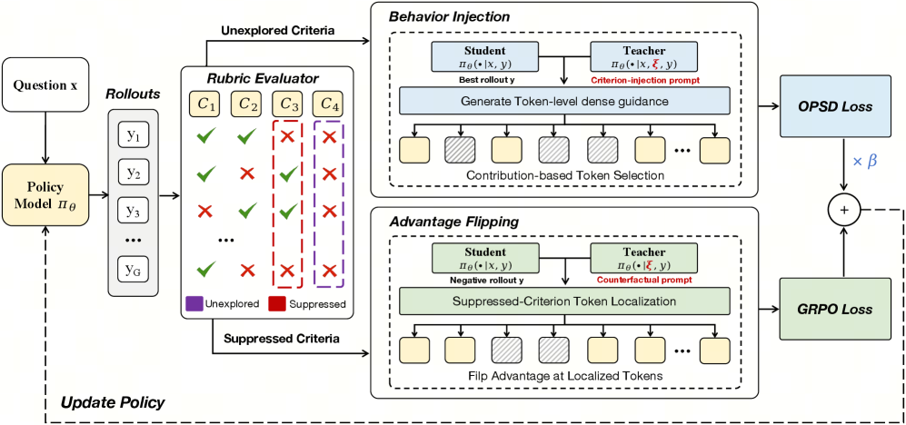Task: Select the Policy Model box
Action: point(45,195)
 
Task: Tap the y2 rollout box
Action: point(134,172)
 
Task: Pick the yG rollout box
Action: point(134,268)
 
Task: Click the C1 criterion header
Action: point(205,104)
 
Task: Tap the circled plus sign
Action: point(846,210)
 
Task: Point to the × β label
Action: point(864,161)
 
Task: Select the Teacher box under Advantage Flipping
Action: point(643,258)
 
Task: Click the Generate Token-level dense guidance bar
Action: point(564,101)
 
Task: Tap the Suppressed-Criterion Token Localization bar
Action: point(564,301)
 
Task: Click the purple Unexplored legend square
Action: point(194,303)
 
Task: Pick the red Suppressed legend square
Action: point(275,303)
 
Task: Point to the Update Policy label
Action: point(114,402)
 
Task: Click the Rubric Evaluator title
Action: point(270,77)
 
